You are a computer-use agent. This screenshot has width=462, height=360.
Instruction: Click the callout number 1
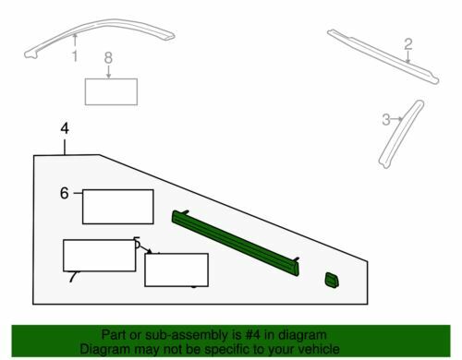(x=75, y=56)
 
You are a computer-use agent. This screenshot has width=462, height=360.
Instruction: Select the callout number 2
(x=407, y=44)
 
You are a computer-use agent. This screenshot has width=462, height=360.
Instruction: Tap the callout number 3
(x=386, y=119)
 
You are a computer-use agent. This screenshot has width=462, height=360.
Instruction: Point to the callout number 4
(x=65, y=128)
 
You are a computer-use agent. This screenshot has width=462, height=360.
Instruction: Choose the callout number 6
(x=64, y=193)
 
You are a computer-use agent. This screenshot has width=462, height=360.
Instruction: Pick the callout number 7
(x=73, y=277)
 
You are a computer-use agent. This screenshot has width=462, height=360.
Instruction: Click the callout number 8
(x=108, y=58)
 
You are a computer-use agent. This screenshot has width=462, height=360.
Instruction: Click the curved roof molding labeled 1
(x=99, y=24)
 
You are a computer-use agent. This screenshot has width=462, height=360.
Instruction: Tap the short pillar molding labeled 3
(x=400, y=134)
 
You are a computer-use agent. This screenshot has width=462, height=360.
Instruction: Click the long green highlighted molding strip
(x=236, y=243)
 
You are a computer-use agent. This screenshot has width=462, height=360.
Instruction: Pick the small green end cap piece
(x=332, y=281)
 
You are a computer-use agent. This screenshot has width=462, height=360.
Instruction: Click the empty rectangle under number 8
(x=111, y=91)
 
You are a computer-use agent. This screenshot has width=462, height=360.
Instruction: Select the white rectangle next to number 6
(x=118, y=207)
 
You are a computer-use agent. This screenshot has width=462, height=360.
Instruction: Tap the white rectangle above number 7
(x=100, y=256)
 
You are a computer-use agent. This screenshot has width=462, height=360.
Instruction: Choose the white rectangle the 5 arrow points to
(x=176, y=270)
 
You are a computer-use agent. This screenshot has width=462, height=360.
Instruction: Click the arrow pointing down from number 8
(x=108, y=72)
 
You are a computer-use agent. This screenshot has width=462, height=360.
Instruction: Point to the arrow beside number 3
(x=397, y=119)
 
